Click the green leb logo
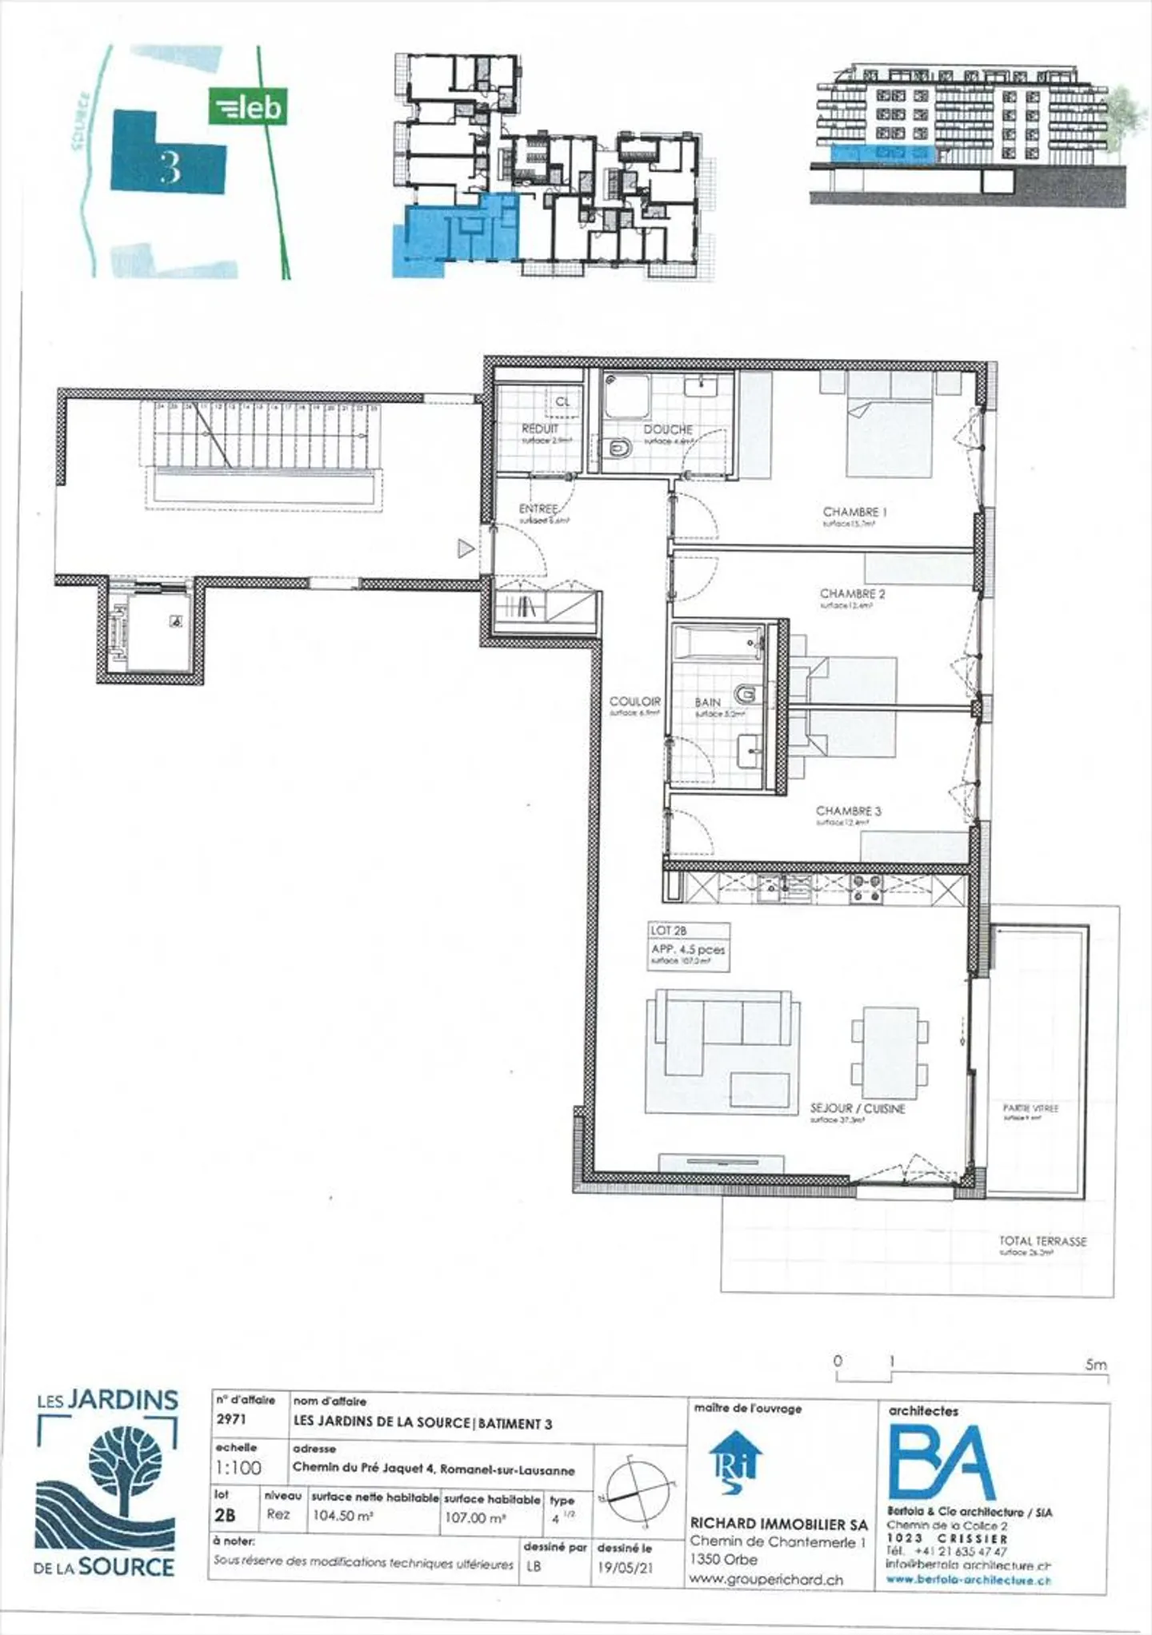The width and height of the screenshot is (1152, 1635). click(x=247, y=106)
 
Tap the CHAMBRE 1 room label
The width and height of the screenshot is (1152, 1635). click(x=854, y=512)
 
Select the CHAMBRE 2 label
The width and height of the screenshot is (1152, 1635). click(x=852, y=594)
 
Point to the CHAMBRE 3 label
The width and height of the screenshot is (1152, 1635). click(x=848, y=811)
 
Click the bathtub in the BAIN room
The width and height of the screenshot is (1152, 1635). click(x=718, y=642)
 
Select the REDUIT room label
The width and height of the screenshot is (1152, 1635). click(x=540, y=429)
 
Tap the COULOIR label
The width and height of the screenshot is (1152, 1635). click(x=635, y=701)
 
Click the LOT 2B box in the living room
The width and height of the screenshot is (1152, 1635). click(x=688, y=947)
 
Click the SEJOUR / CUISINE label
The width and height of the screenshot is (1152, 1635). click(x=858, y=1109)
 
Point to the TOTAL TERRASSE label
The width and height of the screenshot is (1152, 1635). click(x=1042, y=1241)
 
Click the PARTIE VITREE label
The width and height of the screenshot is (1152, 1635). click(x=1030, y=1108)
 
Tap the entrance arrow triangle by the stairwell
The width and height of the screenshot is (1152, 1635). click(x=465, y=548)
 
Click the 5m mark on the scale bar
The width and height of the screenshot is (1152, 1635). click(x=1095, y=1365)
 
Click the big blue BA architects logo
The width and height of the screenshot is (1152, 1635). click(x=942, y=1464)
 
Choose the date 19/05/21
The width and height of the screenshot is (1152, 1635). click(x=625, y=1568)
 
